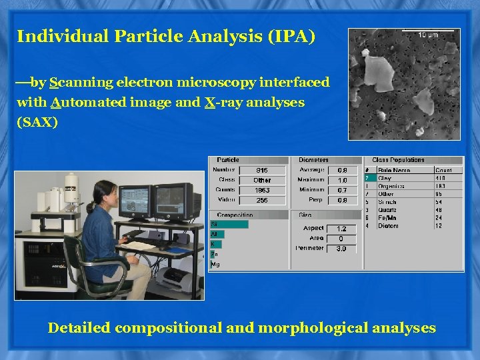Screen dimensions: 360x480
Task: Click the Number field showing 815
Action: [x=263, y=170]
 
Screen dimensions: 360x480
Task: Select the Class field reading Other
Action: [x=263, y=180]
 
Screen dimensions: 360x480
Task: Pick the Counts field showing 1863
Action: [x=263, y=190]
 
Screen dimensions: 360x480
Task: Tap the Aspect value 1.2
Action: [x=341, y=229]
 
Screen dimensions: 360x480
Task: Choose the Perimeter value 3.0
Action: [x=341, y=248]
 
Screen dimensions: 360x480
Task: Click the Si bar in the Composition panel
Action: [x=229, y=225]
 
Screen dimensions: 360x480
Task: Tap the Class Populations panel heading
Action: [x=398, y=160]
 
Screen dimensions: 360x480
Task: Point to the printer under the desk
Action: [x=179, y=274]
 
